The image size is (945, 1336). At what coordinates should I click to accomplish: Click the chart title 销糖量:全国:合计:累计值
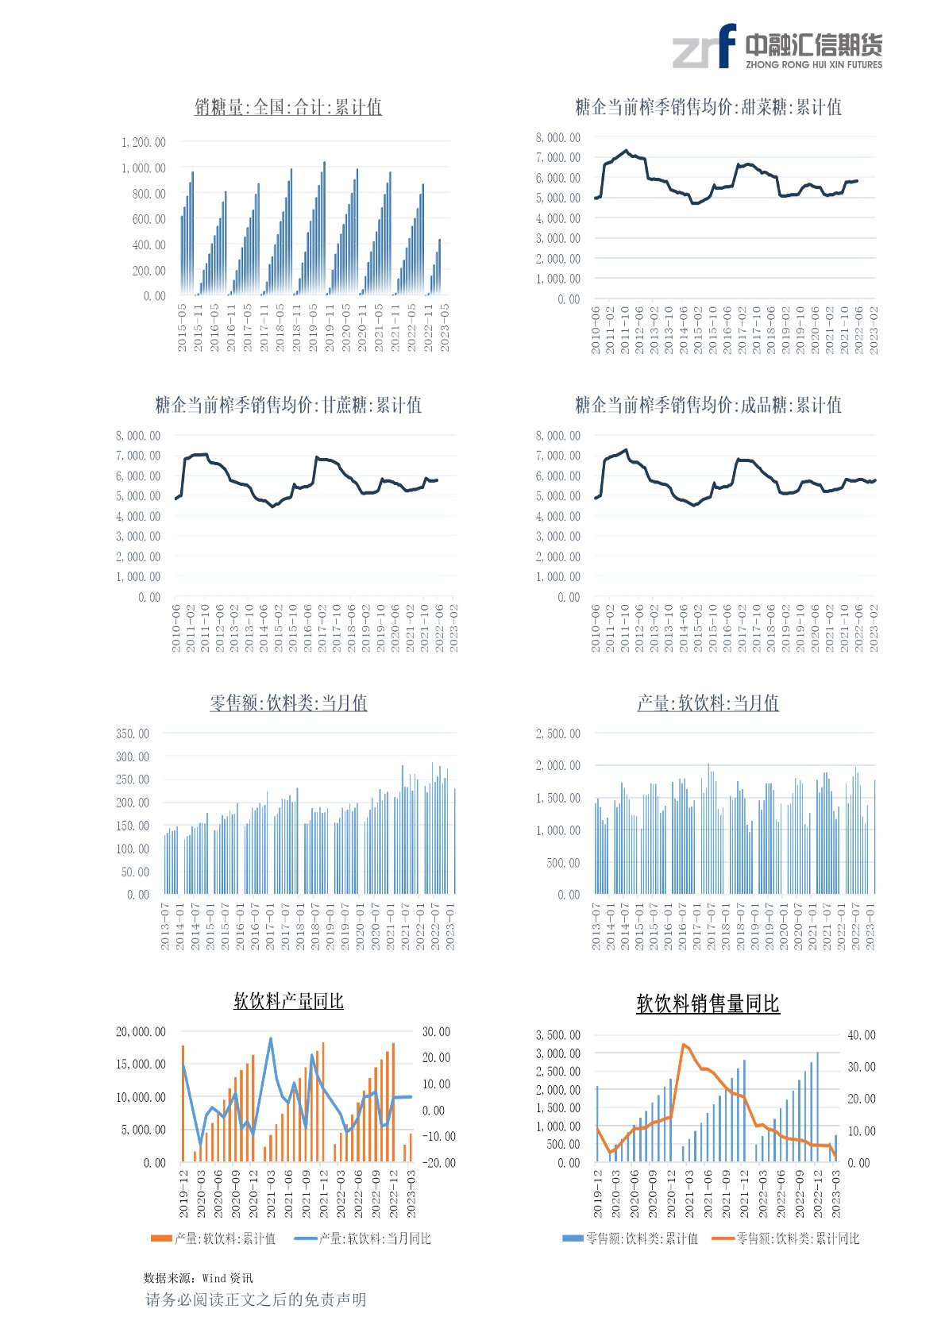288,107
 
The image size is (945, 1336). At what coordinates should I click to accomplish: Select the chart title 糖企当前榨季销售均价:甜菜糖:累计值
708,107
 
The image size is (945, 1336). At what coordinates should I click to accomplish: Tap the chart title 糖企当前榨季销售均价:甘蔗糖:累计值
288,405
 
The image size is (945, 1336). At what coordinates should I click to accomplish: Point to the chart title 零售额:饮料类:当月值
288,703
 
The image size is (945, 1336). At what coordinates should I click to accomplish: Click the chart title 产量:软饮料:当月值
708,703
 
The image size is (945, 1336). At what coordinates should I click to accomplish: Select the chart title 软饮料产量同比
288,1001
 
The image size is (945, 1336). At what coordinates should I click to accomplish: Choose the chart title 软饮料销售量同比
708,1004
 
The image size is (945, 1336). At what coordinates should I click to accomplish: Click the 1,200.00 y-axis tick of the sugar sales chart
143,143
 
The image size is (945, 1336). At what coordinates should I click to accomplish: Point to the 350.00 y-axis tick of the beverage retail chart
132,733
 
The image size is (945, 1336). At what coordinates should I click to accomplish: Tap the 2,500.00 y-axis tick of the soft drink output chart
557,733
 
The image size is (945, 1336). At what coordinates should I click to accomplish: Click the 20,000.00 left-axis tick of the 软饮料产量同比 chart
141,1032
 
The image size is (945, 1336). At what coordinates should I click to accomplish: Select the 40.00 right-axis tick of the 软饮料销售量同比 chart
861,1035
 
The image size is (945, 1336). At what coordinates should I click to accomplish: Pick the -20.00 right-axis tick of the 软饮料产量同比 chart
438,1162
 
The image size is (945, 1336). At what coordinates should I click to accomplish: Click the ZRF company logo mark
704,46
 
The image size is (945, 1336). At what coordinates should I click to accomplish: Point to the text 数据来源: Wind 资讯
198,1278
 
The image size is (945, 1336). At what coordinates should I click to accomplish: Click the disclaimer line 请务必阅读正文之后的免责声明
256,1299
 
